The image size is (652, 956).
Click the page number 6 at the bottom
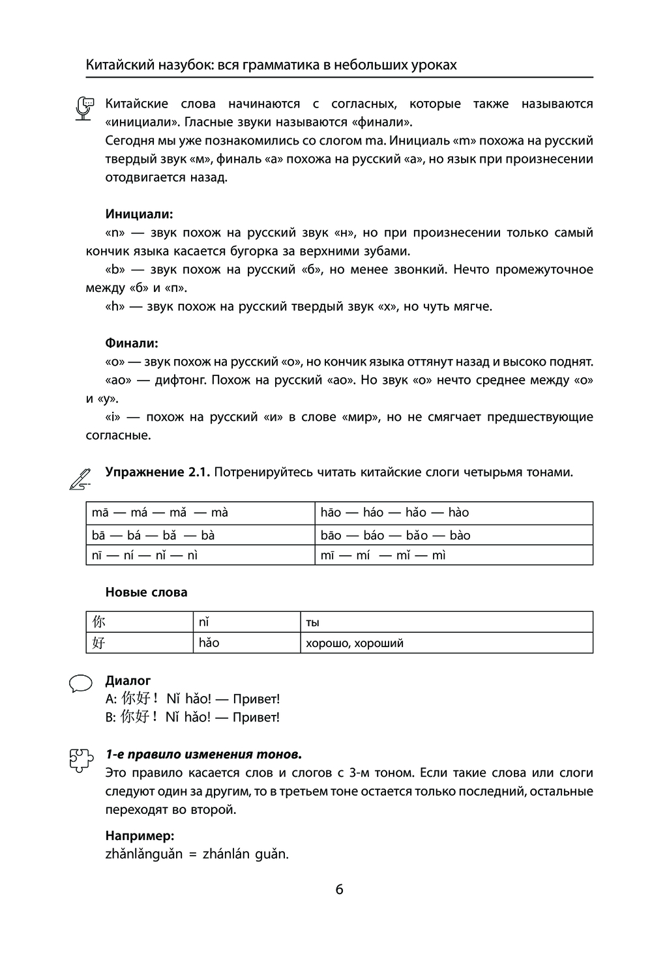click(339, 890)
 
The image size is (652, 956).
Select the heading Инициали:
click(140, 214)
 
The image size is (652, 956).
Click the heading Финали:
click(132, 343)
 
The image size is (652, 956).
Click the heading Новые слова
click(146, 592)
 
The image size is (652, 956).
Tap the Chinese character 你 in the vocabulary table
click(98, 622)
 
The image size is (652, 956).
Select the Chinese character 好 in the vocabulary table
click(98, 643)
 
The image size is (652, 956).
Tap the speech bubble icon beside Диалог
click(80, 684)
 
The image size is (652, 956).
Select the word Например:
click(140, 835)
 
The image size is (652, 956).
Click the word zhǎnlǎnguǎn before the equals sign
click(143, 854)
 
